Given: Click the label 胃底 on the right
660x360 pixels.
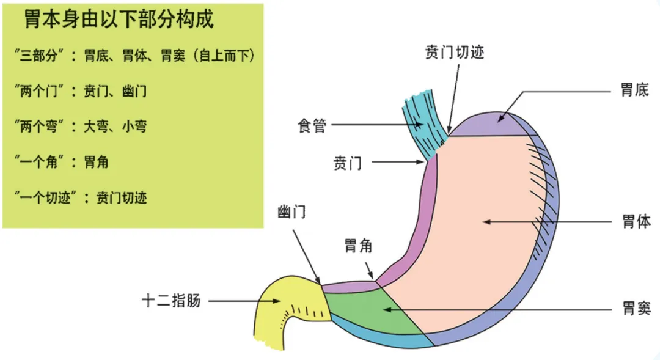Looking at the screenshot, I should [x=635, y=91].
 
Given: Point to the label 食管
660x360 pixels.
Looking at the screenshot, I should [x=312, y=126].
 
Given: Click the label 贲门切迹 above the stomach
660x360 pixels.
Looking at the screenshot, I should [x=454, y=53].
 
